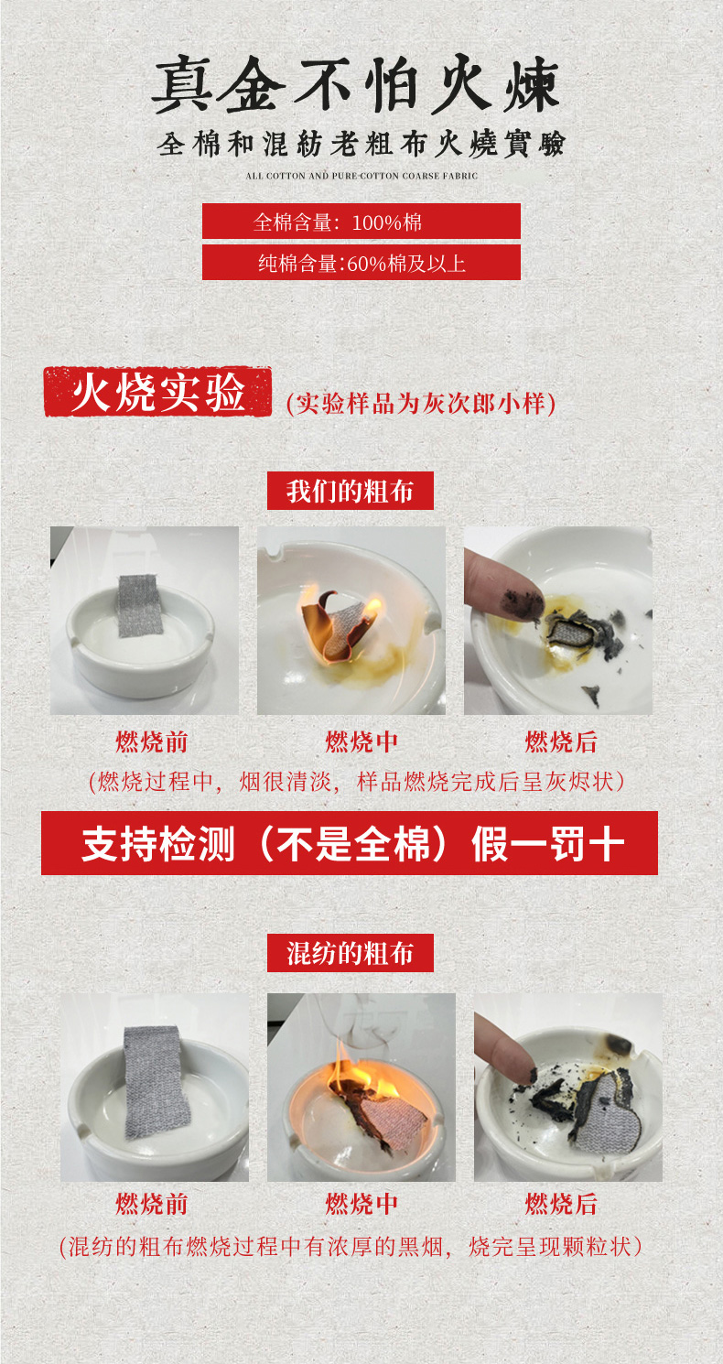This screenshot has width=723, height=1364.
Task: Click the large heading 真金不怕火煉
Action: point(355,84)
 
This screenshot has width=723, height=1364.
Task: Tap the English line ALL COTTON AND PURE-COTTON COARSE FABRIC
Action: point(361,176)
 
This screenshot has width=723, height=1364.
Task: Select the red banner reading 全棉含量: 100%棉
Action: point(361,221)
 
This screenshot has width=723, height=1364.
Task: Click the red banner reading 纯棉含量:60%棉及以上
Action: point(361,263)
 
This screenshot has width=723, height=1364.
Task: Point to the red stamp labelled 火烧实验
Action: point(157,392)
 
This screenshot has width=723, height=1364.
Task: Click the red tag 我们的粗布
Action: point(351,491)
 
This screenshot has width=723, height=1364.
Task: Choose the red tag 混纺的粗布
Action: point(351,953)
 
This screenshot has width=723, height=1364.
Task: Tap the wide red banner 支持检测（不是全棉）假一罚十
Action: point(350,843)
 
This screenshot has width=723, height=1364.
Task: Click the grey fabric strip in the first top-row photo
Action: point(138,606)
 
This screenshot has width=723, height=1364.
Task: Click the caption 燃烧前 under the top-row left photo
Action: point(152,742)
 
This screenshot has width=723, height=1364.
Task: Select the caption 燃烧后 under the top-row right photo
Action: point(561,742)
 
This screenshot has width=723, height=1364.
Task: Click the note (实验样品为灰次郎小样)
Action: point(421,403)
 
